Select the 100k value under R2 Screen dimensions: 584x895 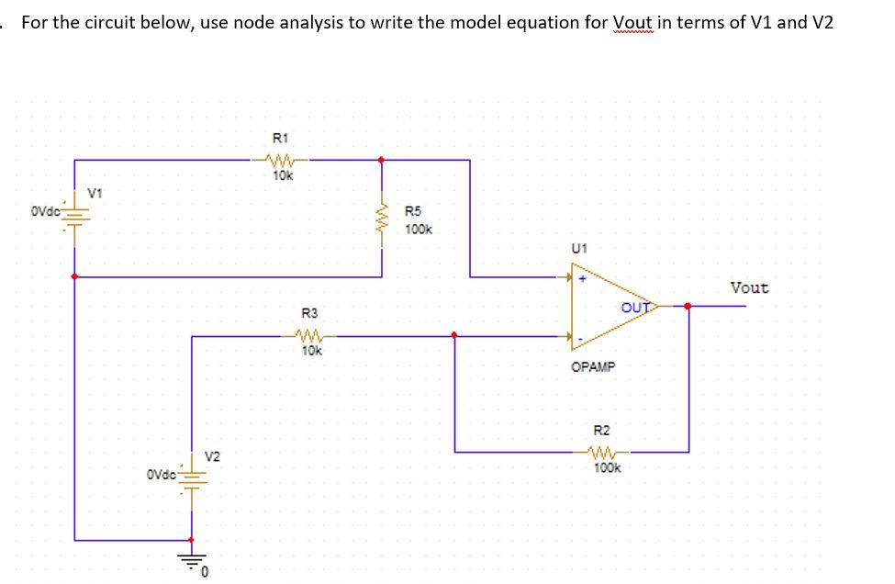(606, 467)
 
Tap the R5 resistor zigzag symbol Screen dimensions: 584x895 (382, 219)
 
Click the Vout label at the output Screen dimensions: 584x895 (749, 287)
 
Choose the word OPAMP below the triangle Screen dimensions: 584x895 (593, 366)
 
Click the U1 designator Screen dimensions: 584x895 (578, 248)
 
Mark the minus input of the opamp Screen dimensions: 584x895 (580, 341)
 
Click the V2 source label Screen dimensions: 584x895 (212, 456)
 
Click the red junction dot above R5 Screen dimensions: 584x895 (382, 160)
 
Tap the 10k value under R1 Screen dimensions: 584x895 (283, 175)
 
